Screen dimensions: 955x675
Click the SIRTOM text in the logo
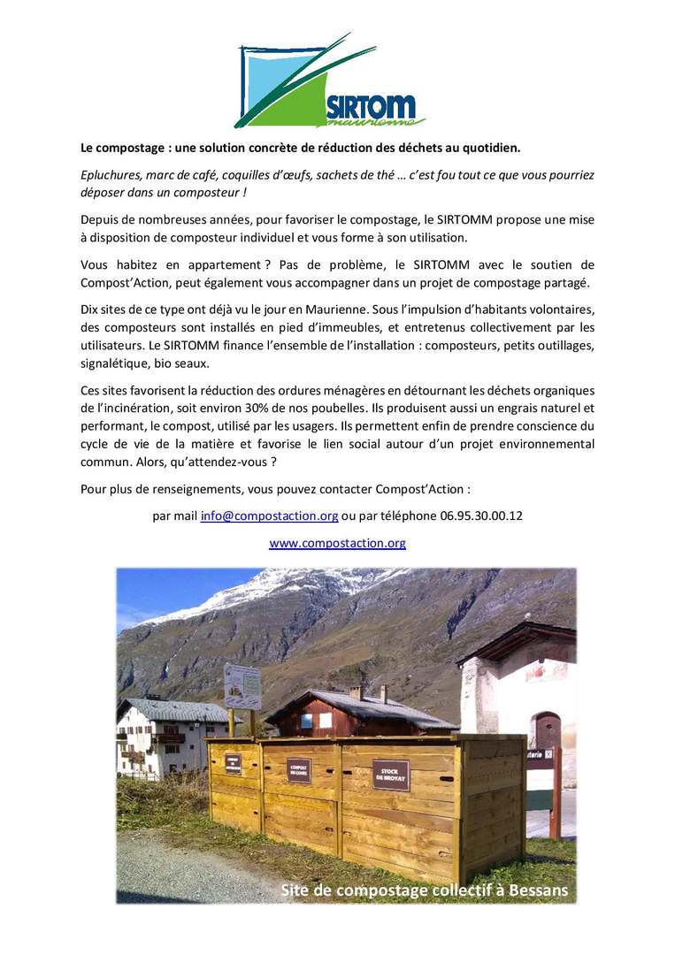[370, 105]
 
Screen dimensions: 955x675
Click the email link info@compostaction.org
[269, 516]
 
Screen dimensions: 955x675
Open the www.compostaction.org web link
[337, 543]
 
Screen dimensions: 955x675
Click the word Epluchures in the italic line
[111, 175]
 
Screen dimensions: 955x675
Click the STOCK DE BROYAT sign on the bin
[391, 775]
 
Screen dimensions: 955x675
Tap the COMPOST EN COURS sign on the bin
[299, 769]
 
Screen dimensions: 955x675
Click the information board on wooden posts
[242, 687]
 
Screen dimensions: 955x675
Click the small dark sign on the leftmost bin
[233, 763]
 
